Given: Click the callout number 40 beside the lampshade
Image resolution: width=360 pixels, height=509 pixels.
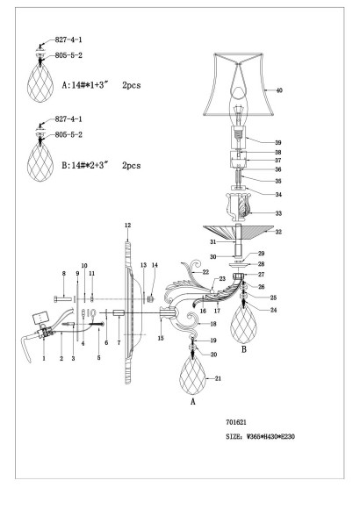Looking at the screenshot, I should coord(279,90).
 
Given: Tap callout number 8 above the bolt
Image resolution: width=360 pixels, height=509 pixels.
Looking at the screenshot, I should coord(64,275).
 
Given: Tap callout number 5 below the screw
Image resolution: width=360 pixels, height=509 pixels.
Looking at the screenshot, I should coord(98,359).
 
